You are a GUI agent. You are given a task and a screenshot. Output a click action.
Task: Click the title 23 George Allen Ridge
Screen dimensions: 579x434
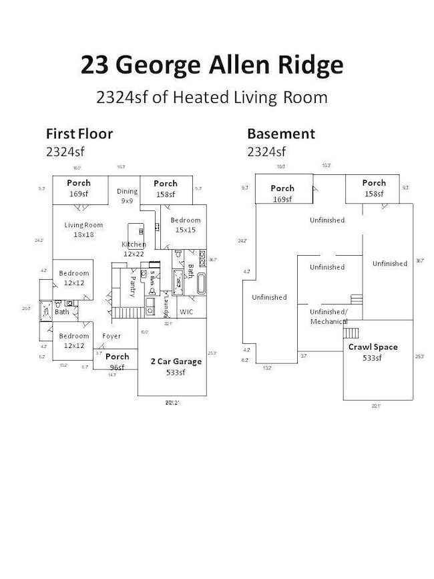coord(212,65)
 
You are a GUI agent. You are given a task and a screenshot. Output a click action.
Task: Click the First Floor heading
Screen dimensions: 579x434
coord(79,134)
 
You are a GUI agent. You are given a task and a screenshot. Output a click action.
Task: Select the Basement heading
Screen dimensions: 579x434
coord(280,134)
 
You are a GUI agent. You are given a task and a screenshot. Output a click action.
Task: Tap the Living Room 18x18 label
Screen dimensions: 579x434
coord(83,230)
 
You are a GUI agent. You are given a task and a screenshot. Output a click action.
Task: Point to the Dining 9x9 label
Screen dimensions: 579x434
coord(127,196)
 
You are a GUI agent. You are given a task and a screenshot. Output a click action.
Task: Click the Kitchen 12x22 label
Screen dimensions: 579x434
coord(134,249)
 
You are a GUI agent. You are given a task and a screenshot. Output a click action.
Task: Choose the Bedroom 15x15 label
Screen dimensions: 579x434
coord(185,225)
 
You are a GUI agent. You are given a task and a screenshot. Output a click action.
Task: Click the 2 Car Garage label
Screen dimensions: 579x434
coord(176,367)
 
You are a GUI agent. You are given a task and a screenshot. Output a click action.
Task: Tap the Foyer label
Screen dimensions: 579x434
coord(112,336)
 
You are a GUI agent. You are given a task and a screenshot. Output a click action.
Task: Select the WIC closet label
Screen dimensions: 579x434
coord(186,312)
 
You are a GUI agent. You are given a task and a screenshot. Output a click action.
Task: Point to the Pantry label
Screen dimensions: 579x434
coord(133,286)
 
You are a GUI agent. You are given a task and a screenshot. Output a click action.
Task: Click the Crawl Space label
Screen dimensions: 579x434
coord(373,352)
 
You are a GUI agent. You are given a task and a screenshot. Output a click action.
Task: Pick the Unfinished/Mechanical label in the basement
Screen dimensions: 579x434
coord(329,317)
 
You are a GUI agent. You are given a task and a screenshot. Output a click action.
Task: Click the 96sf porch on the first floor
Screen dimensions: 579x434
coord(117,361)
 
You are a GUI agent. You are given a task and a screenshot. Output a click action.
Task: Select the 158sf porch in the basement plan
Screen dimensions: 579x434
coord(374,188)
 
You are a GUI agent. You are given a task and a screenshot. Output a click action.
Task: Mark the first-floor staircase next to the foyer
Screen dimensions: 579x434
coord(124,313)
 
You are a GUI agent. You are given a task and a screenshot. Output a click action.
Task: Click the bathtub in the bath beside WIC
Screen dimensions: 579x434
coord(202,283)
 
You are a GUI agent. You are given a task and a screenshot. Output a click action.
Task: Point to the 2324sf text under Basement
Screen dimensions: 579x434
coord(266,152)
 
